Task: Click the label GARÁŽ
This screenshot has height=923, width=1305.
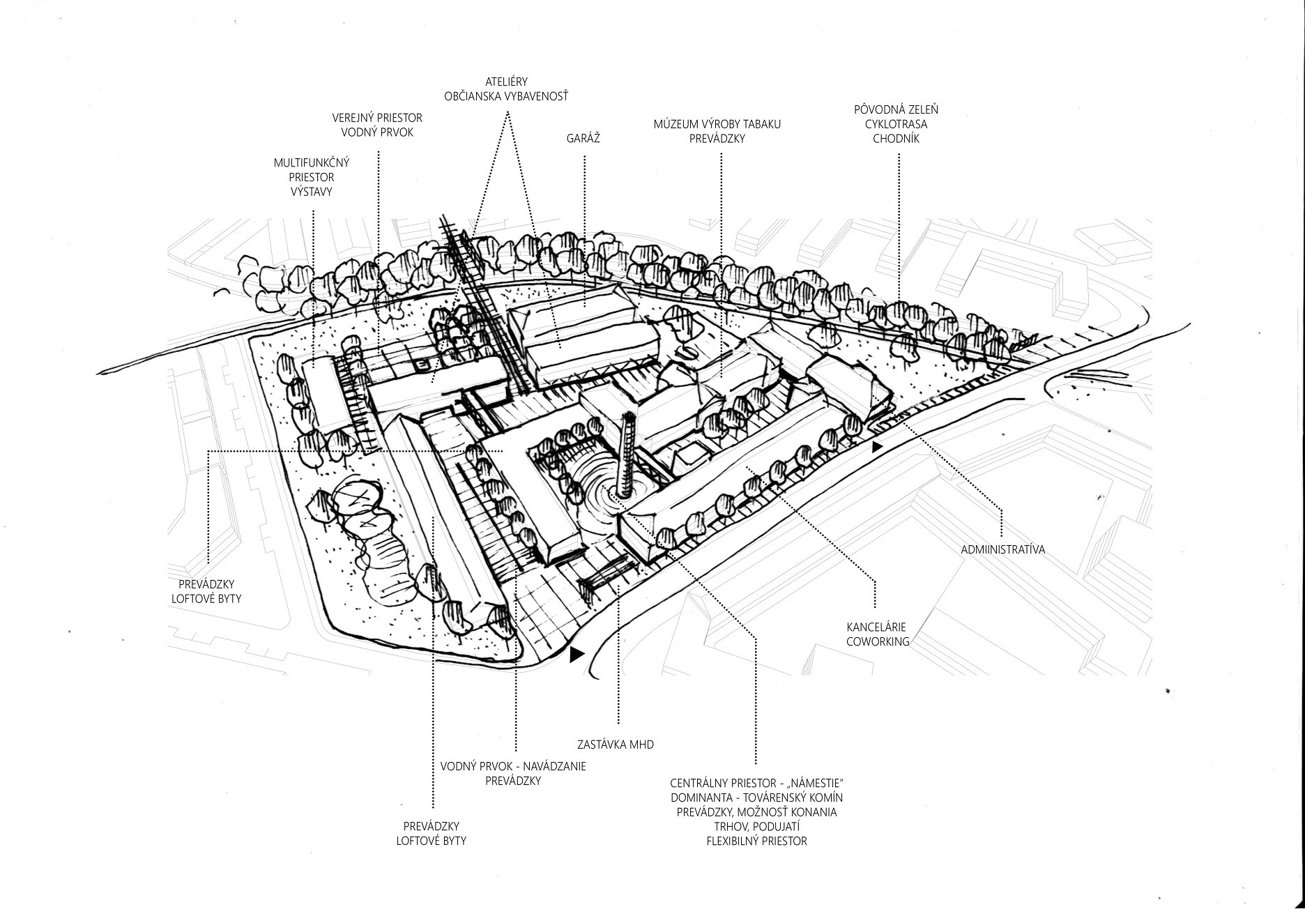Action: [583, 139]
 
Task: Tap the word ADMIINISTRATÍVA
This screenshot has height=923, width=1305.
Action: [1002, 549]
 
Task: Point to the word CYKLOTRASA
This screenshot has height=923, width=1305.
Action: [896, 124]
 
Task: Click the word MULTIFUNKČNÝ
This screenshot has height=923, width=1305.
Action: [311, 162]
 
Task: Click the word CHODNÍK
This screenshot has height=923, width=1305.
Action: [896, 139]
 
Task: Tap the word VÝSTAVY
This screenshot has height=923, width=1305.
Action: [311, 192]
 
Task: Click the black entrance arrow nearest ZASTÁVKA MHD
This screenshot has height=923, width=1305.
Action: [576, 655]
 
